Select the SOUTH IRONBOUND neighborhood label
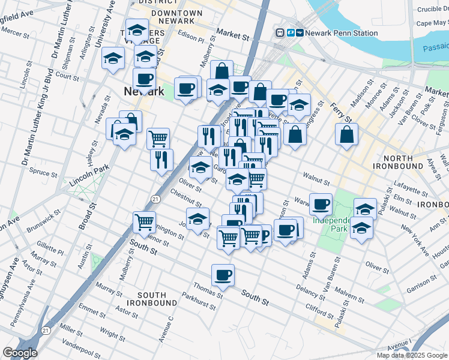pos(157,299)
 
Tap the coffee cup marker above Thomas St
pos(223,275)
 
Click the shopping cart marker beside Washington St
pos(145,223)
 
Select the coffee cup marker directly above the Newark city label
pos(144,79)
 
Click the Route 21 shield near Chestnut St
pos(155,199)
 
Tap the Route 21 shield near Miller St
pos(46,330)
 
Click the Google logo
pos(19,353)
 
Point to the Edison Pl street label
pos(191,37)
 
